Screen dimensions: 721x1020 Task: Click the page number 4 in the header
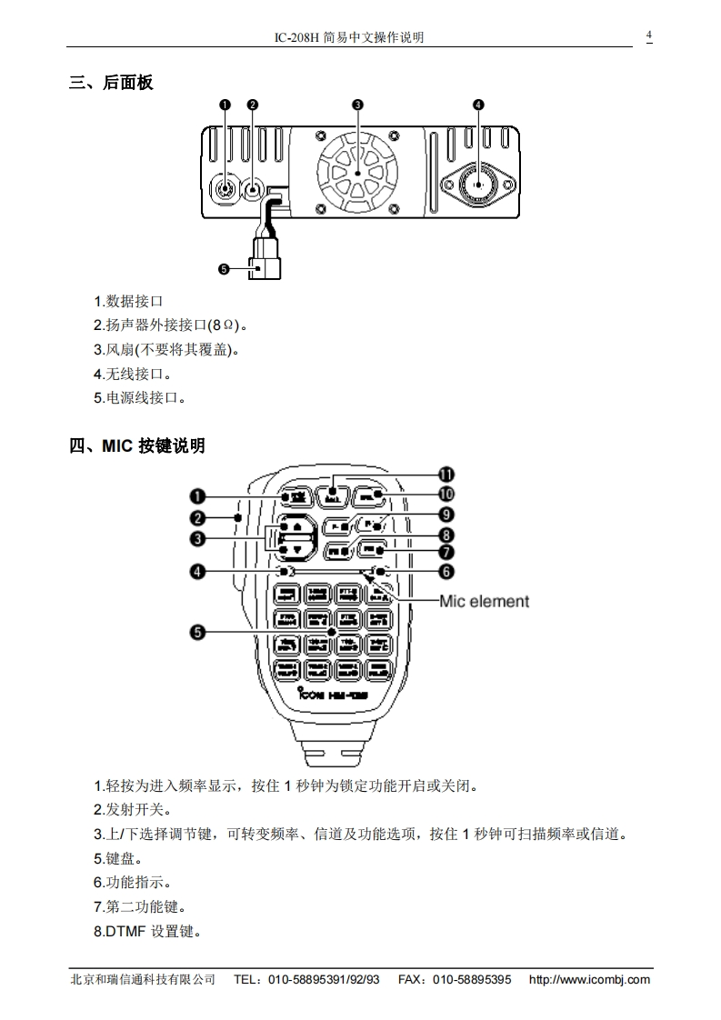(x=649, y=35)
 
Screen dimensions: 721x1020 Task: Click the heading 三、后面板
(x=111, y=84)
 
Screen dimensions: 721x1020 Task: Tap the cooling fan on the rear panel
(x=357, y=171)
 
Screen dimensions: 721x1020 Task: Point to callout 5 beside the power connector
(x=225, y=269)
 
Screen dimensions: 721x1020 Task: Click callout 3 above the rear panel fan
(x=357, y=105)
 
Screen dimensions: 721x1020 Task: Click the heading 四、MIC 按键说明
(x=137, y=446)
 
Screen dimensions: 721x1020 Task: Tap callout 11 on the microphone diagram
(x=446, y=475)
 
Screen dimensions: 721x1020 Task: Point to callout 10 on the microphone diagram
(x=446, y=494)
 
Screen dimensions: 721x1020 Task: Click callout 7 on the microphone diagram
(x=446, y=552)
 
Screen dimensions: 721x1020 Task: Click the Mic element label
(x=484, y=601)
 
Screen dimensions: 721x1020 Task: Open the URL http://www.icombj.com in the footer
(x=589, y=979)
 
